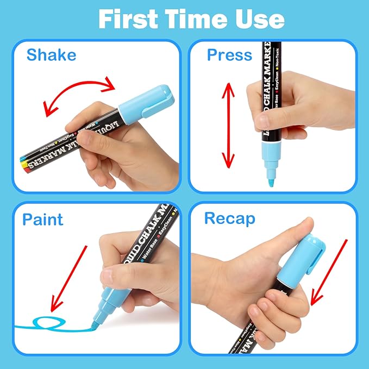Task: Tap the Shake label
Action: (x=52, y=55)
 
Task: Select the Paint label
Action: (x=43, y=220)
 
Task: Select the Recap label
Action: (x=229, y=218)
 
